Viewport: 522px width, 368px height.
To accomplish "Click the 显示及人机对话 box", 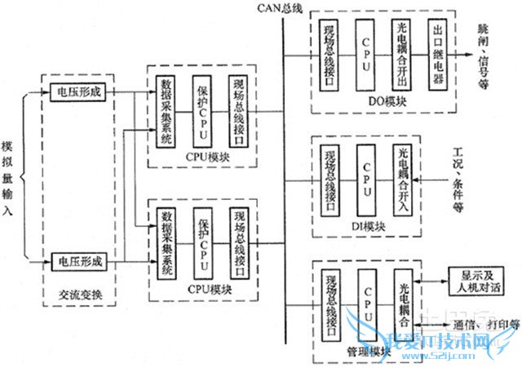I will coord(476,282).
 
